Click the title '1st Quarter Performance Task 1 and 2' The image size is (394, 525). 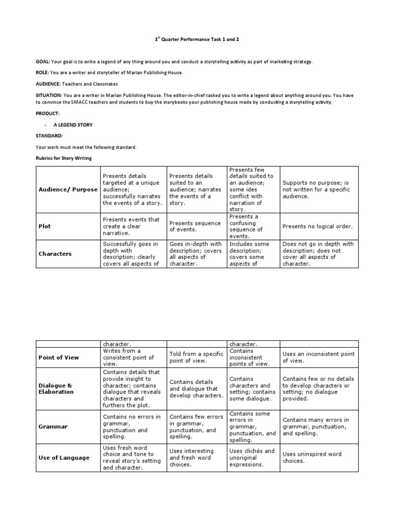(x=198, y=39)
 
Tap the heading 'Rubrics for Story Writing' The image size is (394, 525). (x=64, y=158)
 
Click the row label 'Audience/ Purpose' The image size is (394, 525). (x=68, y=189)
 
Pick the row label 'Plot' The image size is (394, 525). (x=45, y=226)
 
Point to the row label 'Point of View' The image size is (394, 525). (x=59, y=357)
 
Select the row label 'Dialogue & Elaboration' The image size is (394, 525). (x=56, y=388)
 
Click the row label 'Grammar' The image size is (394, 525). (x=50, y=427)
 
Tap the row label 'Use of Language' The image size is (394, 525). (x=64, y=458)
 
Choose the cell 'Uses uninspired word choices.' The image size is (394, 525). (x=312, y=457)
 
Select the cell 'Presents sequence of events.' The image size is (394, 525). (x=195, y=226)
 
